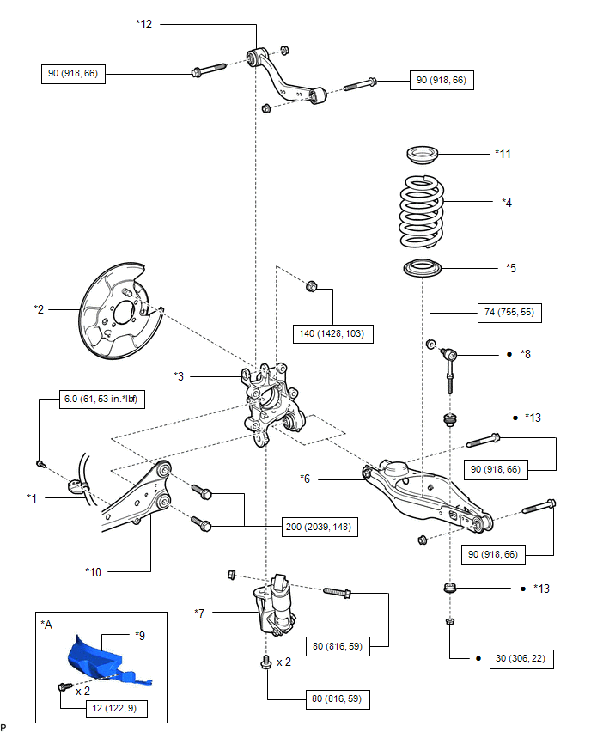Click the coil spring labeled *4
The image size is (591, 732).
[x=422, y=211]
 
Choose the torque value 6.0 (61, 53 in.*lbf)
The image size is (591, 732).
[x=101, y=400]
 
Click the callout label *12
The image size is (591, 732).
[x=143, y=24]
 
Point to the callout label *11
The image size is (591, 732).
[x=503, y=154]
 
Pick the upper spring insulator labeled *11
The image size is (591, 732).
[x=423, y=155]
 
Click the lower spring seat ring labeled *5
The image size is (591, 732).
[x=423, y=268]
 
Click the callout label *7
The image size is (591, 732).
[x=199, y=613]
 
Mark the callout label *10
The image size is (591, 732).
[x=93, y=572]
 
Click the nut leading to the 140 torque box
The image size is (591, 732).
[x=311, y=286]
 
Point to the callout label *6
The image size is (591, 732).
[x=305, y=479]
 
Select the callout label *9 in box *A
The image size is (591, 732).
[x=139, y=636]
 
